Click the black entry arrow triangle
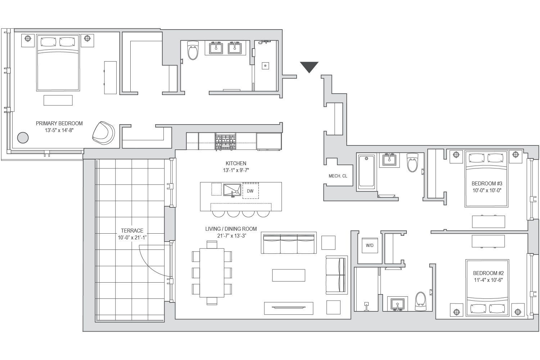309,67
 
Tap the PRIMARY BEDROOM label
59,123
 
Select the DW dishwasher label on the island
250,191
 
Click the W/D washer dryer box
369,246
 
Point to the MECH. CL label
338,176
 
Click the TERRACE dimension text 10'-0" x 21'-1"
132,238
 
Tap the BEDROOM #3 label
487,184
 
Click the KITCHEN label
236,163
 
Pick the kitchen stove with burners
225,141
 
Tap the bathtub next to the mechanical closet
366,171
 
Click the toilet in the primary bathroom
193,51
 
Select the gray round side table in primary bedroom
23,138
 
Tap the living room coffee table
288,275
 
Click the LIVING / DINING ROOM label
231,229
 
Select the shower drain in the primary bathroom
265,66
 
